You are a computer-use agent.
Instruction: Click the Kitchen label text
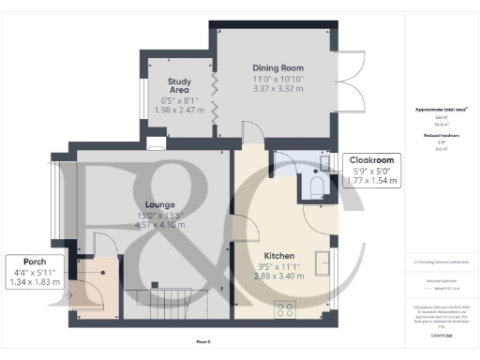pyautogui.click(x=279, y=256)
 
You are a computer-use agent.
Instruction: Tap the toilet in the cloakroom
pyautogui.click(x=316, y=188)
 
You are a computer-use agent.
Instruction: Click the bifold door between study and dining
pyautogui.click(x=215, y=99)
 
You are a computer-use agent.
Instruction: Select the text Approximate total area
pyautogui.click(x=441, y=110)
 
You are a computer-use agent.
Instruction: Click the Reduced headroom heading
pyautogui.click(x=441, y=135)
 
